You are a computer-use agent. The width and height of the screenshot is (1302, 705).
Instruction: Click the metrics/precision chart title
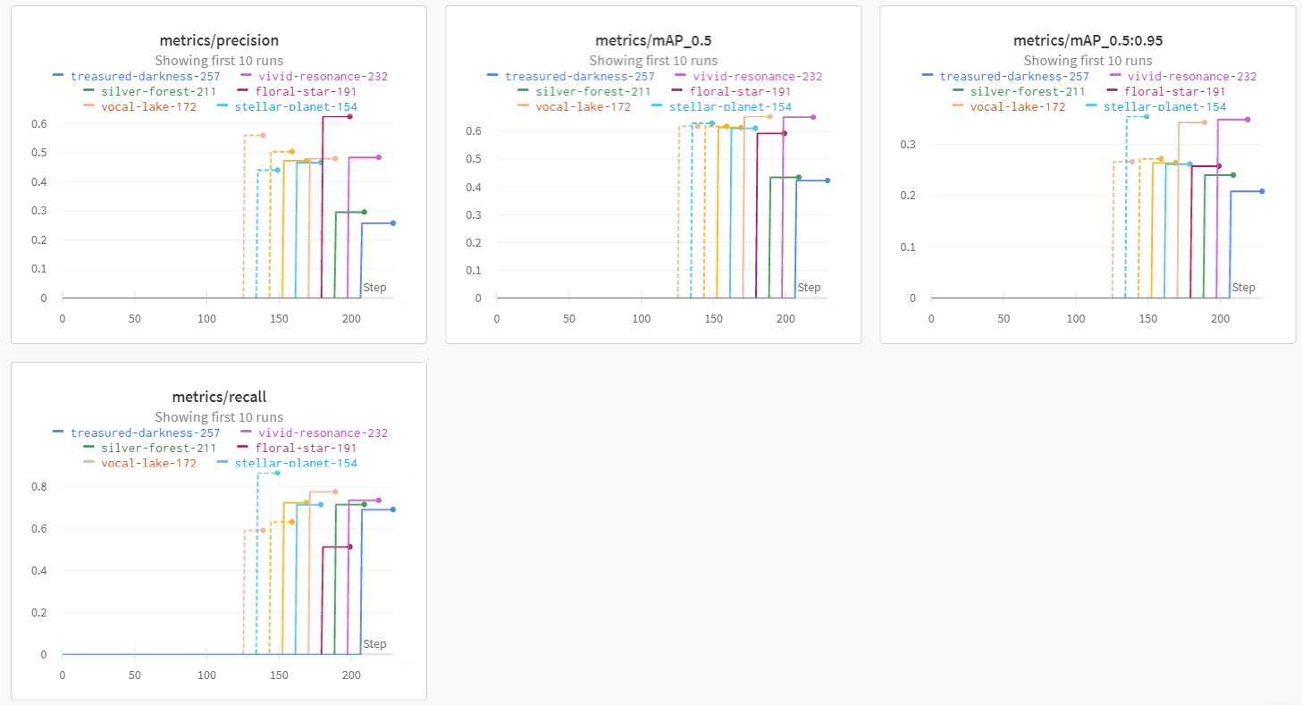[x=219, y=40]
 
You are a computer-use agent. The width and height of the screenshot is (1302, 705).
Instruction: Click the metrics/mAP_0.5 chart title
[x=653, y=40]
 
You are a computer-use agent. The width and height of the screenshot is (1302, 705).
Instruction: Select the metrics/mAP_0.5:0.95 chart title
[x=1088, y=40]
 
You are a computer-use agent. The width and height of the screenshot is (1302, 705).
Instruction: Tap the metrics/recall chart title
[x=219, y=397]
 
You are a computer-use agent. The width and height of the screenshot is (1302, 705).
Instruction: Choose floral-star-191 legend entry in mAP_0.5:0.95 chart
[x=1174, y=91]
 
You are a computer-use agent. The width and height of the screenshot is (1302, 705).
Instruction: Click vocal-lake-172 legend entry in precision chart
[x=148, y=107]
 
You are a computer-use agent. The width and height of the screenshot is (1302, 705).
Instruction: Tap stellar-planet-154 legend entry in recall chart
[x=295, y=463]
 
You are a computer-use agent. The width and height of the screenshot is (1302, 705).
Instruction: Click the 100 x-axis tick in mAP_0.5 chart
[x=641, y=317]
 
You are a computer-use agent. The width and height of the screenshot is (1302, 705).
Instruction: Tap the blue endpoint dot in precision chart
[x=392, y=223]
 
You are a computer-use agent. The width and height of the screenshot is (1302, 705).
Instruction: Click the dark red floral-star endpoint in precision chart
[x=349, y=117]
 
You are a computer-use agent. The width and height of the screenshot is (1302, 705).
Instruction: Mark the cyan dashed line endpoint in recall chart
[x=277, y=473]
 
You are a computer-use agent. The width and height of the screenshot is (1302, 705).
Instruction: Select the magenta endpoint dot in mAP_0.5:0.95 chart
[x=1247, y=120]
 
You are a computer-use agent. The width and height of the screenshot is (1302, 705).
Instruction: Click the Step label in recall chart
[x=374, y=644]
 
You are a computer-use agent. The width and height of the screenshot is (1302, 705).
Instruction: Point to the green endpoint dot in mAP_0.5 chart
[x=799, y=177]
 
